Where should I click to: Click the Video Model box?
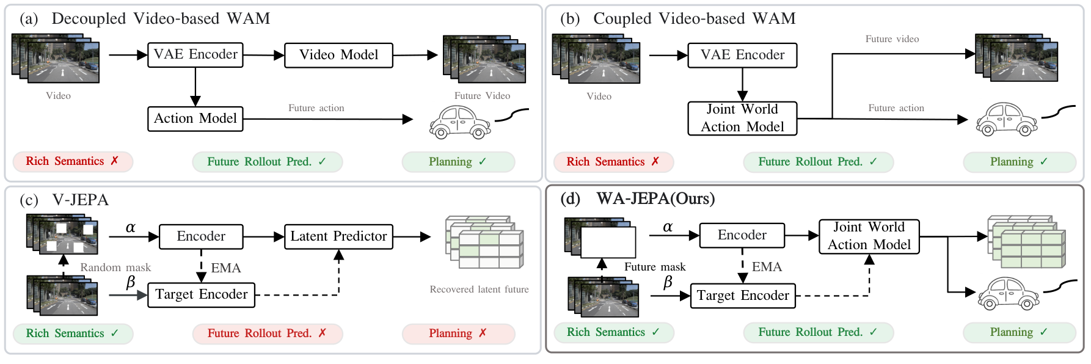click(338, 55)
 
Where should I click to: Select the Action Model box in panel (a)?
click(195, 118)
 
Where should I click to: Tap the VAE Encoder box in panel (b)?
click(742, 55)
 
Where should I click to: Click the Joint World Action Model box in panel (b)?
click(742, 118)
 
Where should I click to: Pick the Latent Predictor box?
click(338, 236)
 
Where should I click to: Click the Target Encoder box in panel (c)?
click(201, 294)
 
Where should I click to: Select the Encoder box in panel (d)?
click(742, 235)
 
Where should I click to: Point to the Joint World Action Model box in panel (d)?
click(869, 236)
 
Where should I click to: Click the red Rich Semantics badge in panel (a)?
click(73, 161)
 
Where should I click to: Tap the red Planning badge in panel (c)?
click(458, 333)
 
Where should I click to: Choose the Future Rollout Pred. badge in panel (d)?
click(818, 332)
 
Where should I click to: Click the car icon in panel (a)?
click(460, 122)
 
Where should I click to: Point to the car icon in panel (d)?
click(1009, 294)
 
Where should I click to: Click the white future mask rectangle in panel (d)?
click(608, 242)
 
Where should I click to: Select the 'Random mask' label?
click(115, 268)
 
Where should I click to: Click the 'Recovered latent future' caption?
click(479, 289)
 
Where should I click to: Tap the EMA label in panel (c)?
click(226, 268)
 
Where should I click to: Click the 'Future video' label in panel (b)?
click(892, 39)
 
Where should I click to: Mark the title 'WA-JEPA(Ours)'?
click(655, 198)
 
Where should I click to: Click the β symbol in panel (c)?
click(130, 282)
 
